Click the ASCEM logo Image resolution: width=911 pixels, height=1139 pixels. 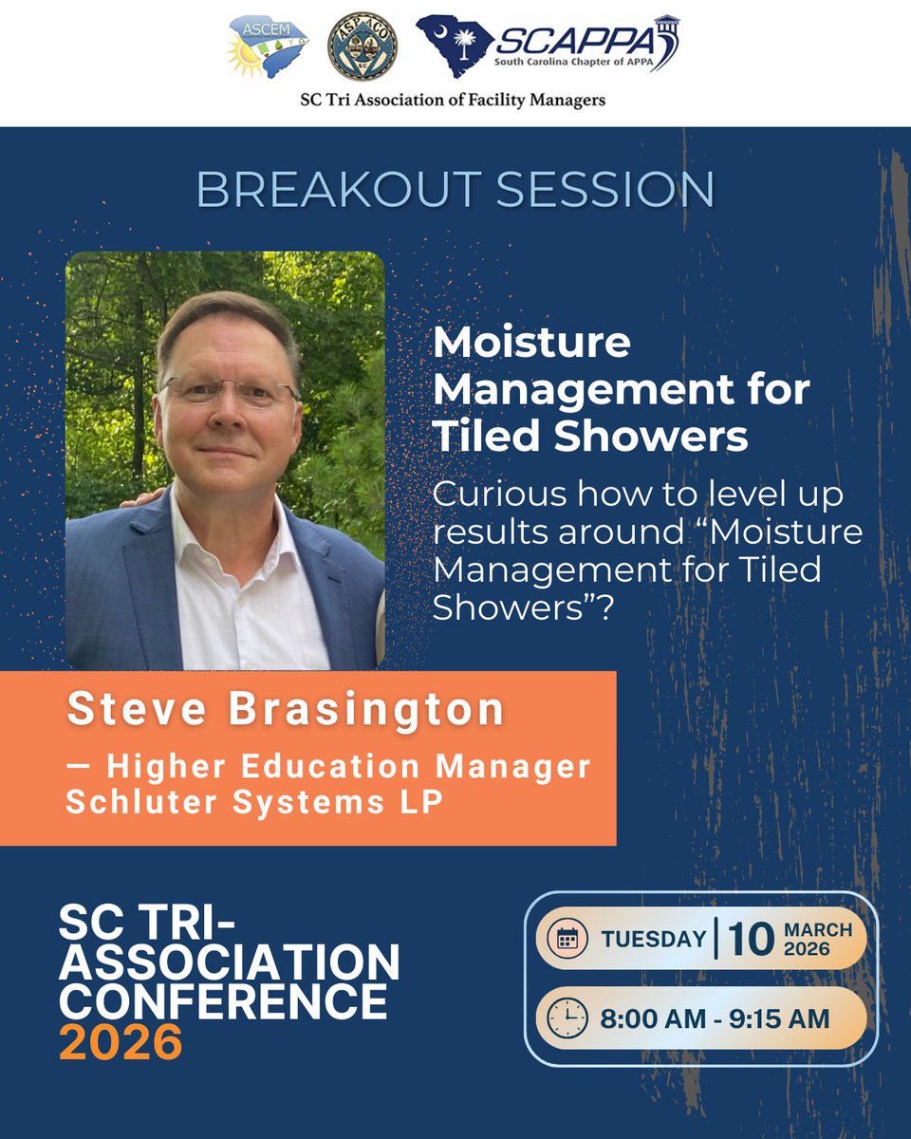pyautogui.click(x=268, y=47)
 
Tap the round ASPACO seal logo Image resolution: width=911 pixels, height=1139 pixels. pyautogui.click(x=363, y=47)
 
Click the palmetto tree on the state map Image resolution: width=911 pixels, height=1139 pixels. pyautogui.click(x=465, y=44)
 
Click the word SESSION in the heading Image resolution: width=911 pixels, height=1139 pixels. pyautogui.click(x=605, y=190)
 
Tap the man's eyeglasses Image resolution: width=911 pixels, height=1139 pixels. pyautogui.click(x=230, y=391)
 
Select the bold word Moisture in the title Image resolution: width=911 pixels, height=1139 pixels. pyautogui.click(x=532, y=343)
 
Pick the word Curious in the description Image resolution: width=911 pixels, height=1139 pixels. pyautogui.click(x=500, y=494)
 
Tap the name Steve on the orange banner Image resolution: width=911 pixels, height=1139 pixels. pyautogui.click(x=137, y=708)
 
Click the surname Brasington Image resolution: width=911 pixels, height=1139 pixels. pyautogui.click(x=366, y=709)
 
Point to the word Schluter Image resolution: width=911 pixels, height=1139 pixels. pyautogui.click(x=141, y=802)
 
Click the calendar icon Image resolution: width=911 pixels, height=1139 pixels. pyautogui.click(x=567, y=940)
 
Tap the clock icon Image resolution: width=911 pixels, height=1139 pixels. pyautogui.click(x=567, y=1018)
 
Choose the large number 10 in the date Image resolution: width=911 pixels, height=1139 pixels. pyautogui.click(x=751, y=940)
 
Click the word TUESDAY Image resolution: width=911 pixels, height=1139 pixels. pyautogui.click(x=654, y=940)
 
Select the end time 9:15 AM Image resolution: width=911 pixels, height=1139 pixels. pyautogui.click(x=779, y=1018)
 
